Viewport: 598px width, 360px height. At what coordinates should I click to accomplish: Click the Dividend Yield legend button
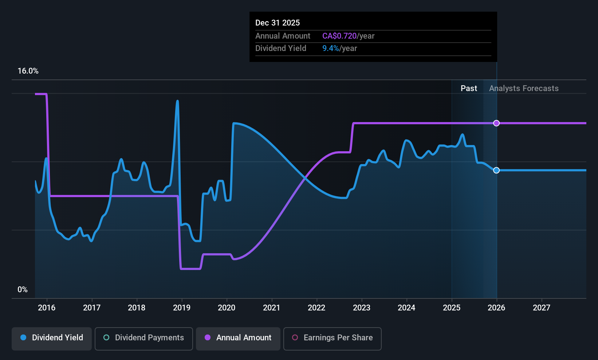click(52, 338)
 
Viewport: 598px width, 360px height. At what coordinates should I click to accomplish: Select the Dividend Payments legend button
click(144, 338)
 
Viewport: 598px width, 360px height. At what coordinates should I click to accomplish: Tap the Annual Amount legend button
click(238, 338)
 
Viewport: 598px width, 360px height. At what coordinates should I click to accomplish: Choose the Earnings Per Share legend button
click(333, 338)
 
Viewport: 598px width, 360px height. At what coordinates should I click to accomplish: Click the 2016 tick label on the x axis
click(47, 308)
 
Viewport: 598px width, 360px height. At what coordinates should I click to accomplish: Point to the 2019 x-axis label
click(182, 308)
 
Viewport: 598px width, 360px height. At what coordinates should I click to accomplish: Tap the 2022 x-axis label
click(316, 308)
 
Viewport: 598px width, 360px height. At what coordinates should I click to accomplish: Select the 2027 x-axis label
click(542, 308)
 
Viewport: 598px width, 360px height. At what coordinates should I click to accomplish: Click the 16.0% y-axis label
click(28, 71)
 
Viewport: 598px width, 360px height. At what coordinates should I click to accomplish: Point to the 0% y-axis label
click(23, 290)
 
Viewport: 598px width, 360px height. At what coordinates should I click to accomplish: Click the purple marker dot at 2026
click(496, 123)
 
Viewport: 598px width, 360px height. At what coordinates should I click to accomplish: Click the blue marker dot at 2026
click(496, 170)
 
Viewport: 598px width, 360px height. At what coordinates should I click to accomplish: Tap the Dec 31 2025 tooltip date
click(278, 23)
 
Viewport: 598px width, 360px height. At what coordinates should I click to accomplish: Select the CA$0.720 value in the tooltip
click(339, 36)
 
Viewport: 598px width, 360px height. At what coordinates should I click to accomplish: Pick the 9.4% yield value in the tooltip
click(331, 48)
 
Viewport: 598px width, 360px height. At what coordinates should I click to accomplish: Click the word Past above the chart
click(469, 89)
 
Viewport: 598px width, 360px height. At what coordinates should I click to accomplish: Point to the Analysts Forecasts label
click(524, 89)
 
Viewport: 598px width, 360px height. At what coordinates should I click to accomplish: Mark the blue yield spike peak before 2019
click(177, 101)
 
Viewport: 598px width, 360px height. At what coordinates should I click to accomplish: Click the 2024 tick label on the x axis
click(406, 308)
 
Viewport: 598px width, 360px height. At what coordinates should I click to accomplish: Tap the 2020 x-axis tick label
click(227, 308)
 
